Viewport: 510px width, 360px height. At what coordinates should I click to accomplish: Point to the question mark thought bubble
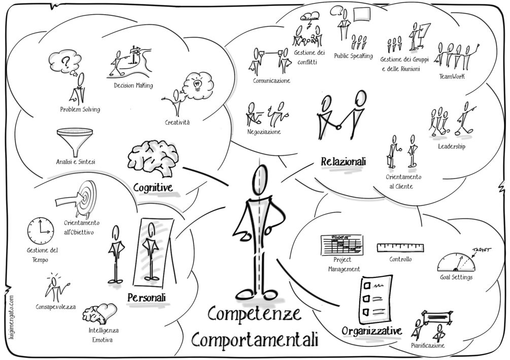(65, 63)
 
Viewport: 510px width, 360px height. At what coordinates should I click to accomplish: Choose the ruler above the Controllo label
(400, 247)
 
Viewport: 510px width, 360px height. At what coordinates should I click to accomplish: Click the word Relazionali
(343, 162)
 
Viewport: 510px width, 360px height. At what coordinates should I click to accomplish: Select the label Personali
(147, 297)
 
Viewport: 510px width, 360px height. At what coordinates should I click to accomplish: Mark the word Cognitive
(152, 188)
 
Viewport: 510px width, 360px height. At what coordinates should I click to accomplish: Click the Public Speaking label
(353, 56)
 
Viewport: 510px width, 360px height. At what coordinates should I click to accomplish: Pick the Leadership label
(451, 147)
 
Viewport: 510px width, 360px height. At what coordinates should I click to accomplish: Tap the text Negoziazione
(264, 131)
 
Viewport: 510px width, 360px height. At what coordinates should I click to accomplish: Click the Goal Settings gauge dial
(458, 262)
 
